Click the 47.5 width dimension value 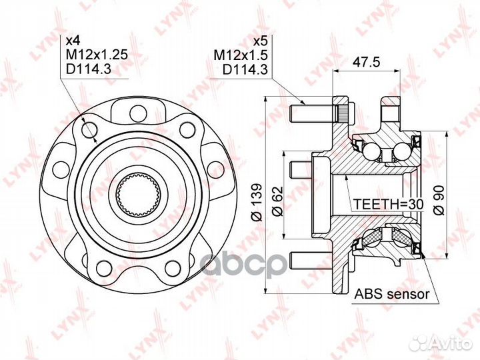(x=366, y=62)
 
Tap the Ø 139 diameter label (x=257, y=202)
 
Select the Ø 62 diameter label (x=278, y=201)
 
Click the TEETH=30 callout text (x=388, y=204)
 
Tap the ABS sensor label (x=392, y=294)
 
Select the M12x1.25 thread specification (x=97, y=55)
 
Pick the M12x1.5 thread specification (x=241, y=55)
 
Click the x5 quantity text (x=261, y=41)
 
